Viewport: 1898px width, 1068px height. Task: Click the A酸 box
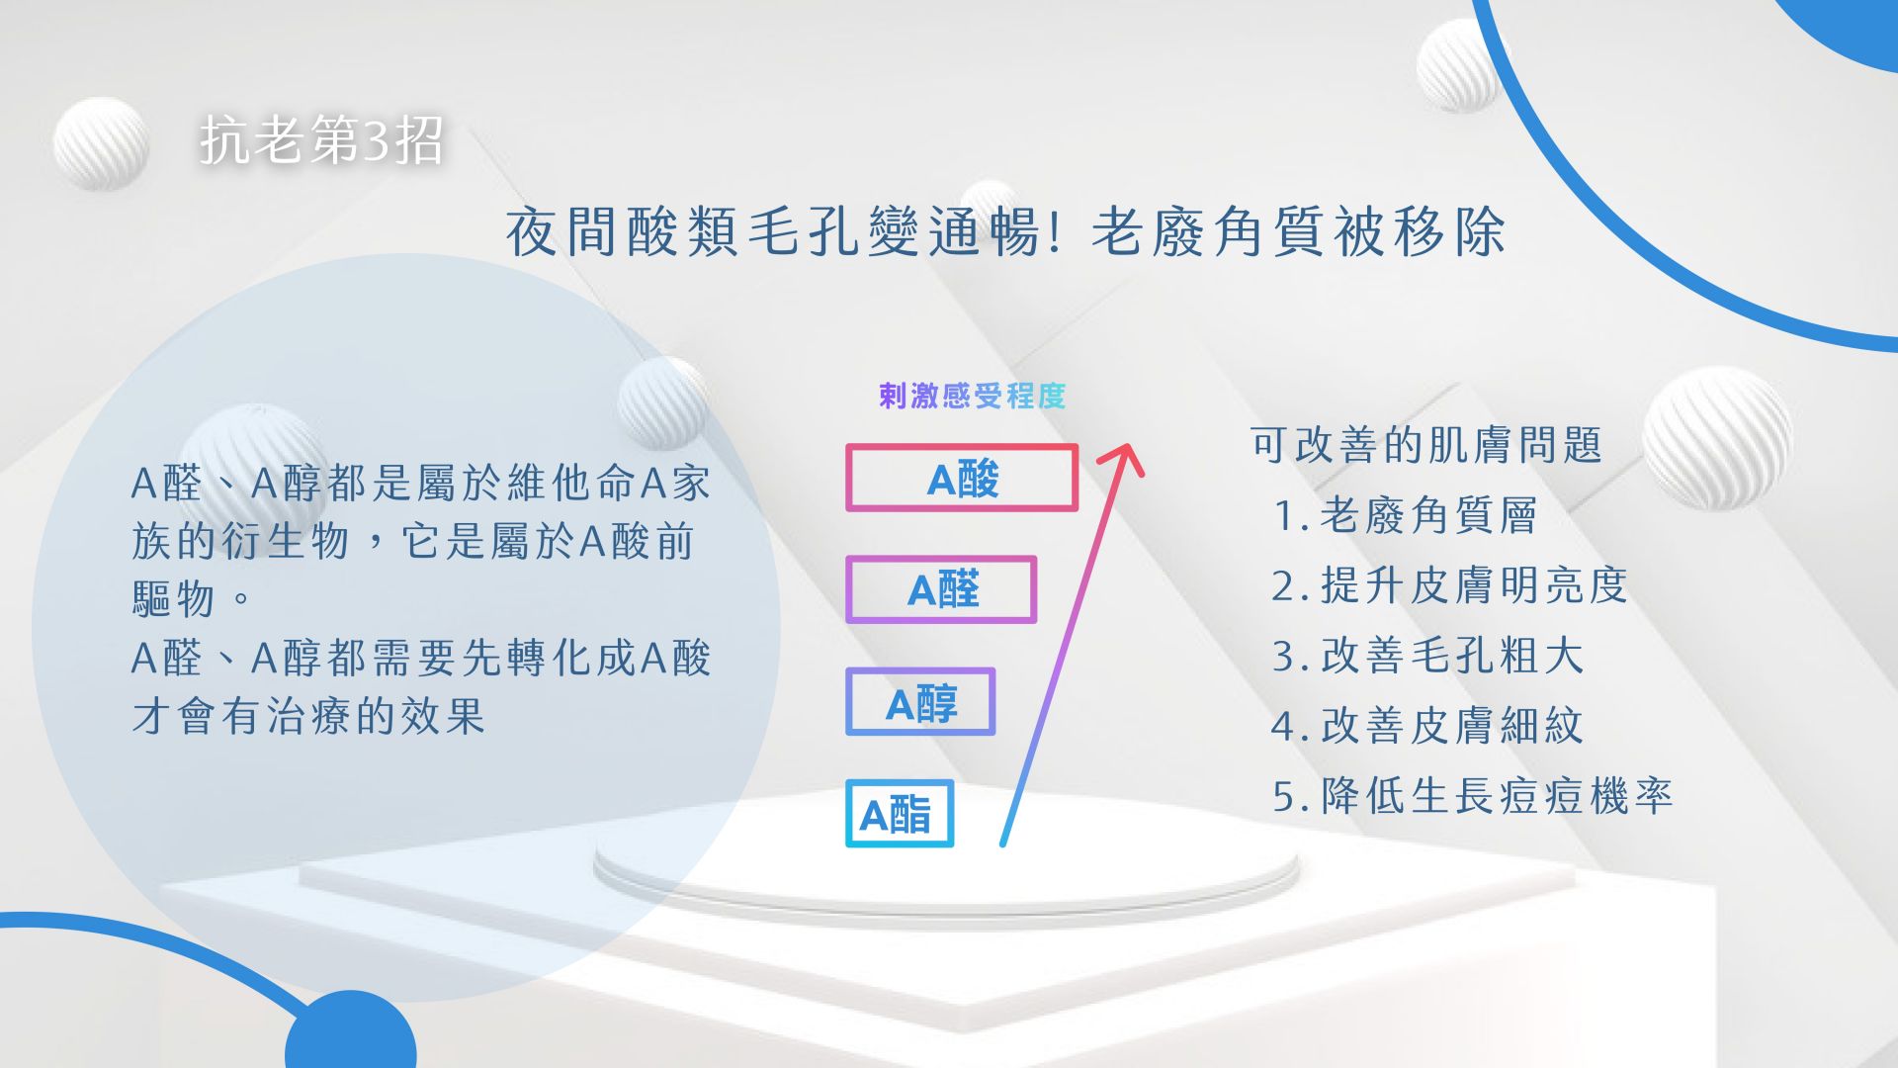(961, 479)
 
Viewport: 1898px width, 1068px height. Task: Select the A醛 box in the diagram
(941, 590)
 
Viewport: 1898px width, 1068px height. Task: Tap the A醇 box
(919, 703)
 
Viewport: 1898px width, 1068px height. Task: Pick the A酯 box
(899, 815)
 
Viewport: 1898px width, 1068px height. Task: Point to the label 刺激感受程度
(972, 397)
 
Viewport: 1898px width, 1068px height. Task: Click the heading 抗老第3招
(321, 139)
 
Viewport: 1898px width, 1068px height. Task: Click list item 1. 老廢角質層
(1405, 515)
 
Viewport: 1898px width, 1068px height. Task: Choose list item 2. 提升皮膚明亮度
(1449, 585)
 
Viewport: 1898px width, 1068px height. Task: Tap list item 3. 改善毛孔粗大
(1427, 656)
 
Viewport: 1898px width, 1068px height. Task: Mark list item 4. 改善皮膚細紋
(1427, 726)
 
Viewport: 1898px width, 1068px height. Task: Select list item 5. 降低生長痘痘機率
(1472, 796)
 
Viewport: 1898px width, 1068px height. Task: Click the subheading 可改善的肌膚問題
(1425, 445)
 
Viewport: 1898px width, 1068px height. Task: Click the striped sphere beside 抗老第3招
(100, 144)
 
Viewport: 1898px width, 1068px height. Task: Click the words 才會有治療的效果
(308, 716)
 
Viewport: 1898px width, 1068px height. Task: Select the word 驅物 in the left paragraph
(174, 598)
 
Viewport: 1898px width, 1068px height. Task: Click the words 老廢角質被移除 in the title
(1298, 233)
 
